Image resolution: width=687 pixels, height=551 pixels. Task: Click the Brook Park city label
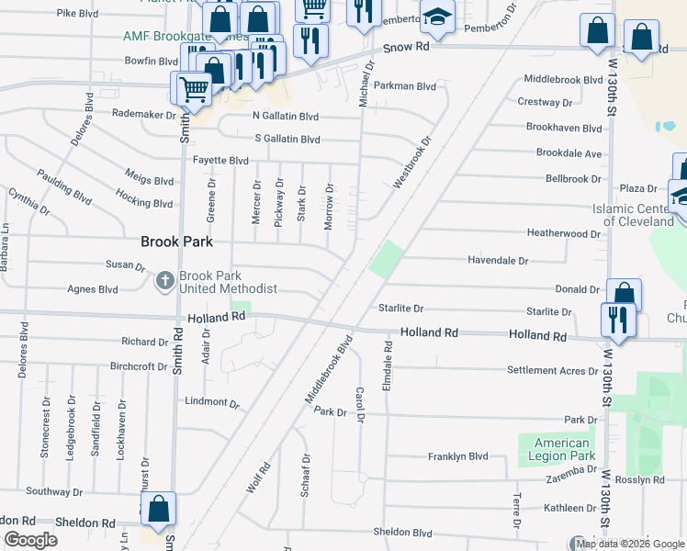point(176,242)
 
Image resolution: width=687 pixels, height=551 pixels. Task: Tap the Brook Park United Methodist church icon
point(165,280)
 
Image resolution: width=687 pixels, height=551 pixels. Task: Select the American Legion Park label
point(562,449)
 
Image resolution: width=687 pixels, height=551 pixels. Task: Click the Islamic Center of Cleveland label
point(633,215)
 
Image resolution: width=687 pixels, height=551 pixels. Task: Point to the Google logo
point(30,540)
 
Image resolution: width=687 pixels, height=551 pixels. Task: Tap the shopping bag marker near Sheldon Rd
point(159,510)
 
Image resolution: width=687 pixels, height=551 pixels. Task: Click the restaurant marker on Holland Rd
point(614,320)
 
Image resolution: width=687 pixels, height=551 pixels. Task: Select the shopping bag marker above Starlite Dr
point(624,295)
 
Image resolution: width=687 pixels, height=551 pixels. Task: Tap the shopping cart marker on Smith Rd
point(193,89)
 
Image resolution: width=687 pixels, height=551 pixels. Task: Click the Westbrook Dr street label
point(411,163)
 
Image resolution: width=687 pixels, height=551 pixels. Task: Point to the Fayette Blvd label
point(220,160)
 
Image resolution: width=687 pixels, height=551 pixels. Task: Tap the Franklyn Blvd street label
point(457,456)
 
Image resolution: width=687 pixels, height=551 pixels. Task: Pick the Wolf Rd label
point(259,478)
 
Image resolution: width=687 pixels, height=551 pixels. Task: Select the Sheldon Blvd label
point(402,533)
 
